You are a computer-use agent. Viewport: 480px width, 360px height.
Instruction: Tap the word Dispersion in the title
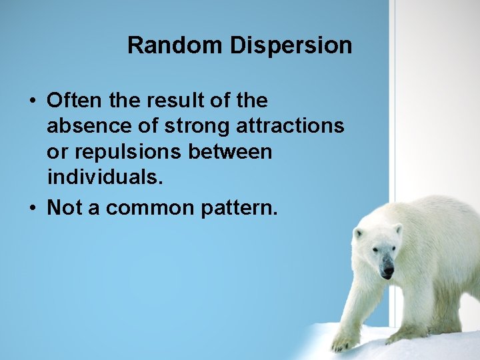click(x=291, y=45)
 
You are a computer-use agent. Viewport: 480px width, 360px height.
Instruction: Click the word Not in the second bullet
click(x=64, y=208)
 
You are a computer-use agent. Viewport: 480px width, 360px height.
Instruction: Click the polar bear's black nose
click(x=387, y=271)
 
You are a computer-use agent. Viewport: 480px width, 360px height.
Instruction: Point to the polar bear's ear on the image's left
click(x=358, y=234)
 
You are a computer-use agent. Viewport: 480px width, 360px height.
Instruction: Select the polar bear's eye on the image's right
click(x=391, y=249)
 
